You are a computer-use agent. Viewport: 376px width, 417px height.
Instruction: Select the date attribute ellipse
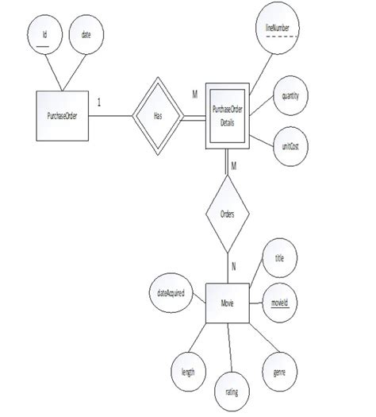click(86, 36)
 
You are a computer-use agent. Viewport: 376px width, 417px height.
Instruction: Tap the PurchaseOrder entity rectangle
click(62, 116)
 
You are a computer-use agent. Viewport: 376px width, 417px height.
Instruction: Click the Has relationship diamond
click(157, 116)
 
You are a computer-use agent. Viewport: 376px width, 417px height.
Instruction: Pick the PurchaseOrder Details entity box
click(229, 115)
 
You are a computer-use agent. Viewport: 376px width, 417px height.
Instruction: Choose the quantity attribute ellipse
click(290, 96)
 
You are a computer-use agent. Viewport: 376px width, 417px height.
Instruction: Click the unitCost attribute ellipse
click(290, 147)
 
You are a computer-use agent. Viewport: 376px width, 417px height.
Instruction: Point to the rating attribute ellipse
click(231, 391)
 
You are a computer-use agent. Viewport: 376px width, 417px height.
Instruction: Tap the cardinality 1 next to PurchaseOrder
click(98, 102)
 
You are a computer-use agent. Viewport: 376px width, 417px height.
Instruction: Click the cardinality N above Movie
click(233, 266)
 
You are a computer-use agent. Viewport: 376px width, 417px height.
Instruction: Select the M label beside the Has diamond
click(194, 95)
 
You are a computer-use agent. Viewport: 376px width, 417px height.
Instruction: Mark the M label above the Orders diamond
click(234, 165)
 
